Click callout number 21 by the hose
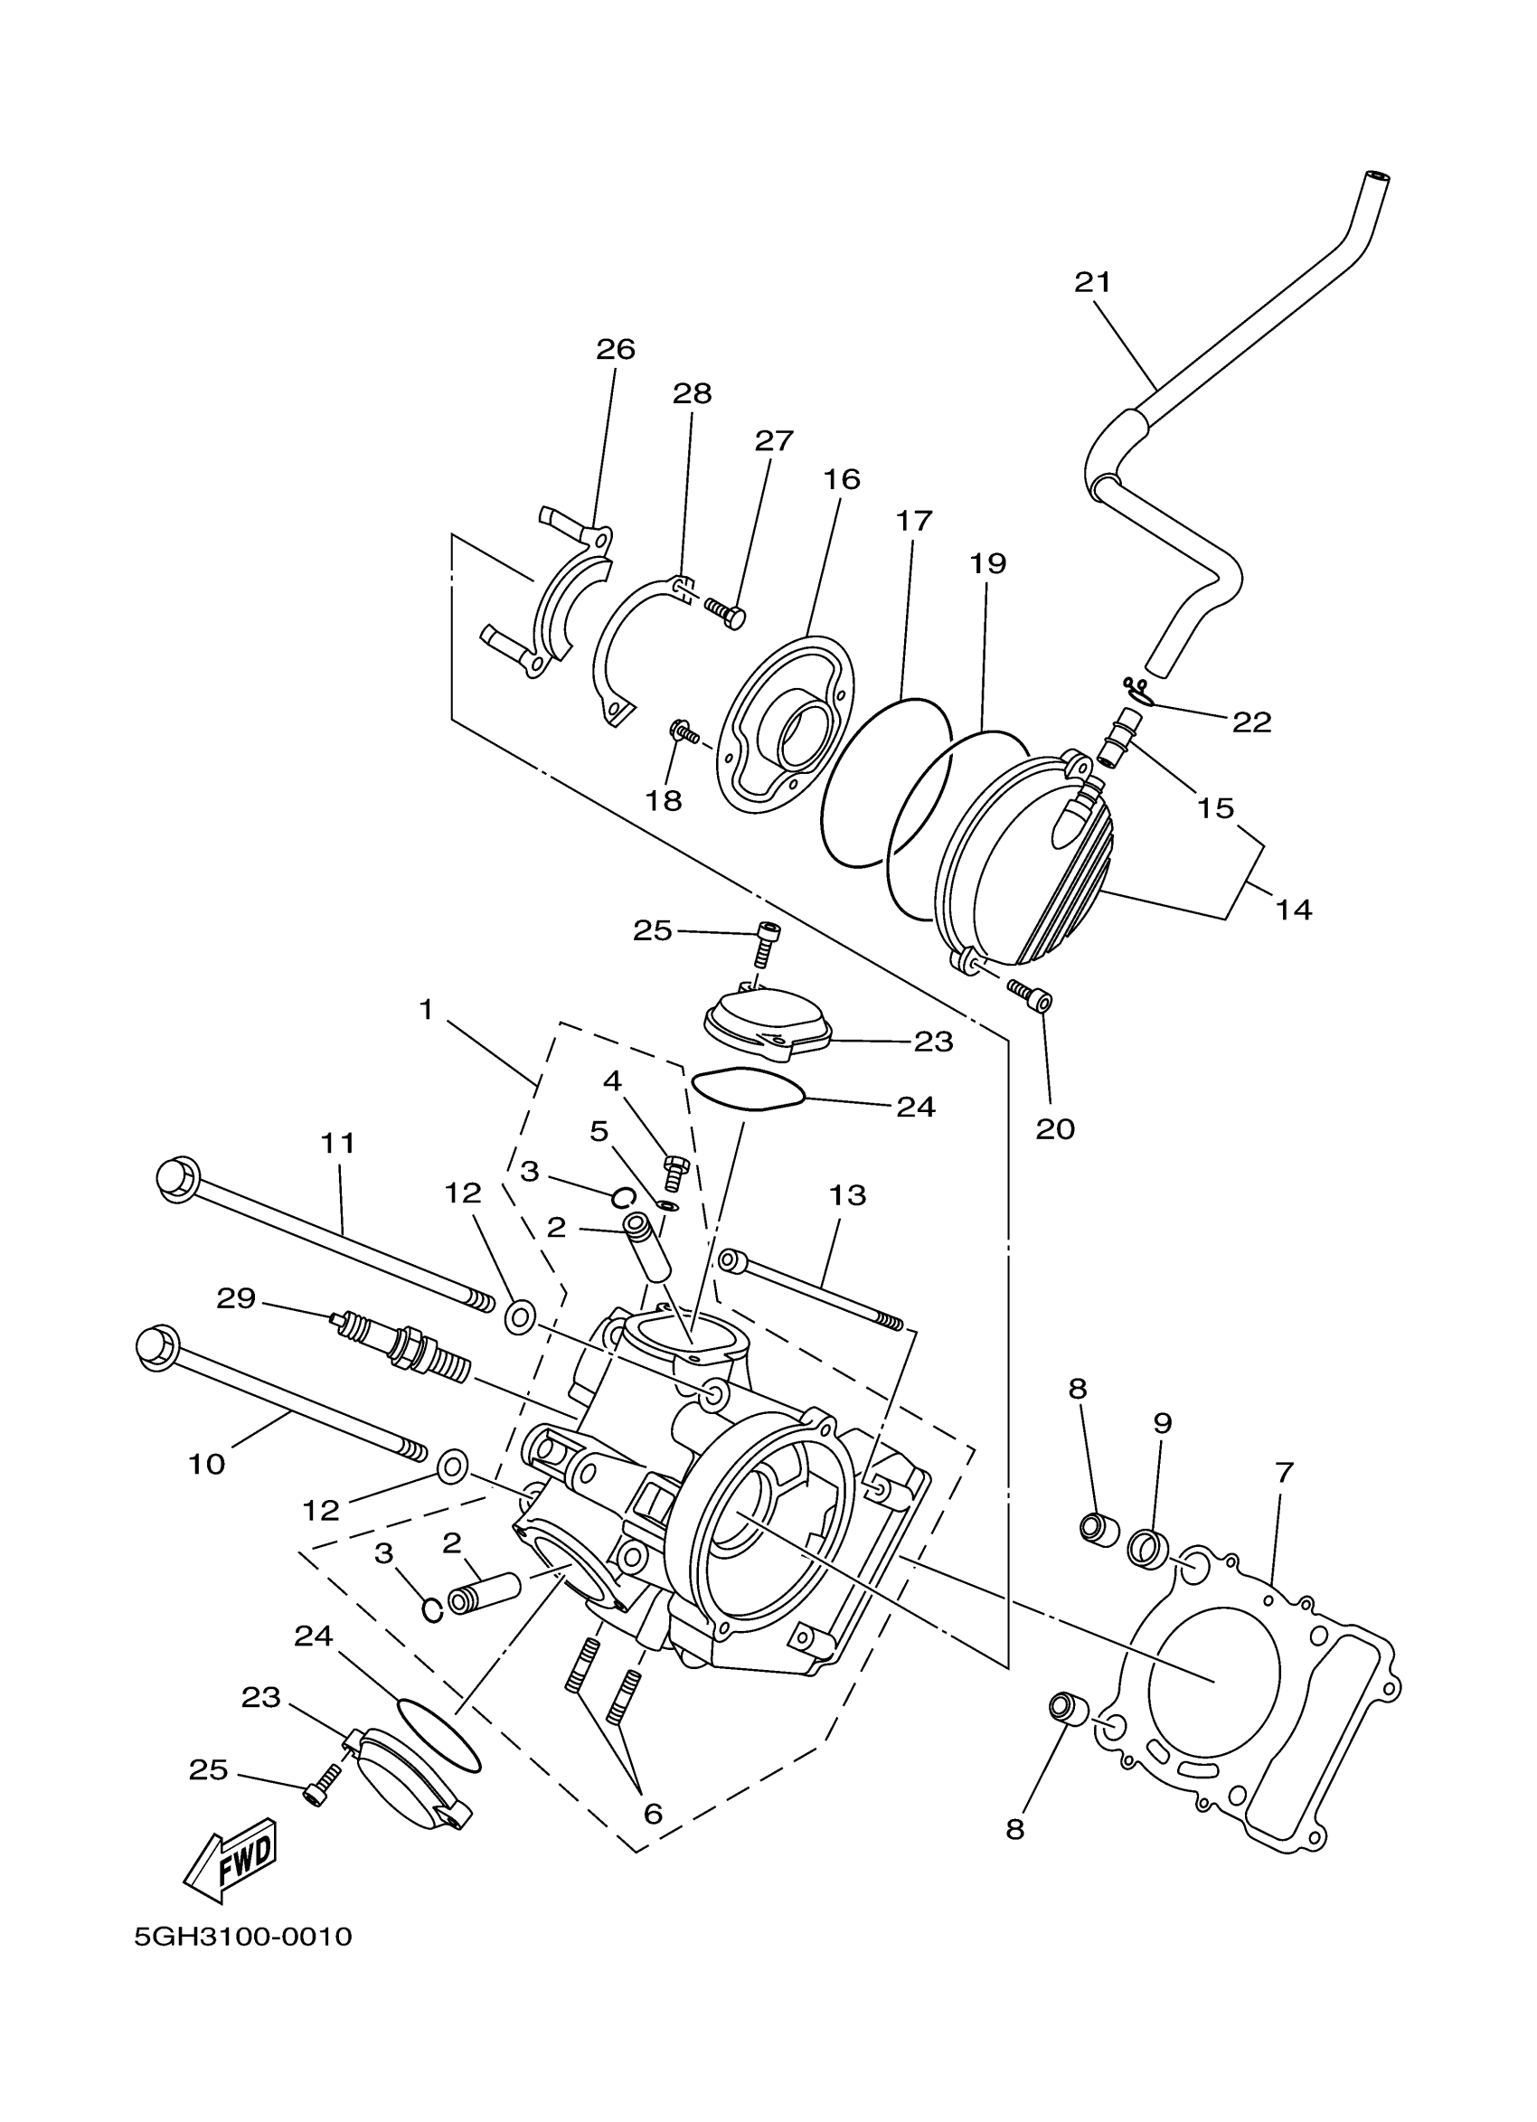click(x=1091, y=281)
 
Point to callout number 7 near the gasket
click(x=1284, y=1473)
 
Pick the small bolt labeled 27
click(x=725, y=613)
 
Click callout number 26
click(x=616, y=350)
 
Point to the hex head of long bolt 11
click(x=177, y=1177)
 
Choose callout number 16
click(x=841, y=479)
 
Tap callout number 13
click(x=847, y=1194)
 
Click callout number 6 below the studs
click(x=653, y=1814)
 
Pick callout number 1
click(x=426, y=1010)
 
